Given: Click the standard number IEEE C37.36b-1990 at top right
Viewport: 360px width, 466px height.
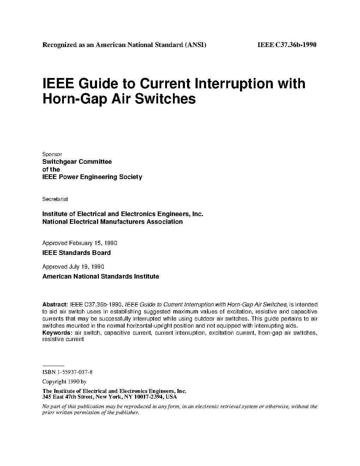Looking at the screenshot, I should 287,45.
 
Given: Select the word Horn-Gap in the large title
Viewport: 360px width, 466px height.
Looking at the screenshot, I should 74,99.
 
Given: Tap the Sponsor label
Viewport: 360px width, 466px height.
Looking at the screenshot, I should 52,154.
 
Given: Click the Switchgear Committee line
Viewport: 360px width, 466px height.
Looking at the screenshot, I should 77,162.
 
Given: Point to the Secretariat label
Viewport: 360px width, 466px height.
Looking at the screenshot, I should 55,199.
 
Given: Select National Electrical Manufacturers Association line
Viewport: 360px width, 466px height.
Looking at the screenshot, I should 113,222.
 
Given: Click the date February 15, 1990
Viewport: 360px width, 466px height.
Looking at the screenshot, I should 93,243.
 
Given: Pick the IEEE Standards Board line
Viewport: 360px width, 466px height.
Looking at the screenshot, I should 77,253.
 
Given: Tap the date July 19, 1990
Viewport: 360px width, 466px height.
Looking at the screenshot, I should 86,267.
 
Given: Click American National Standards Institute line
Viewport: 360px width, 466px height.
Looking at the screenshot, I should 101,276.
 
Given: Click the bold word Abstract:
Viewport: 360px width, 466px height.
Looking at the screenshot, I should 55,304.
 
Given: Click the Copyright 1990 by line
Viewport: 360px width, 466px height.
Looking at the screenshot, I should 64,382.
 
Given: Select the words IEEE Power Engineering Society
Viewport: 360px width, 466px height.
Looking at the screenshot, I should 92,177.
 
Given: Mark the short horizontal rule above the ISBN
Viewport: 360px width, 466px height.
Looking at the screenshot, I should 53,366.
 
